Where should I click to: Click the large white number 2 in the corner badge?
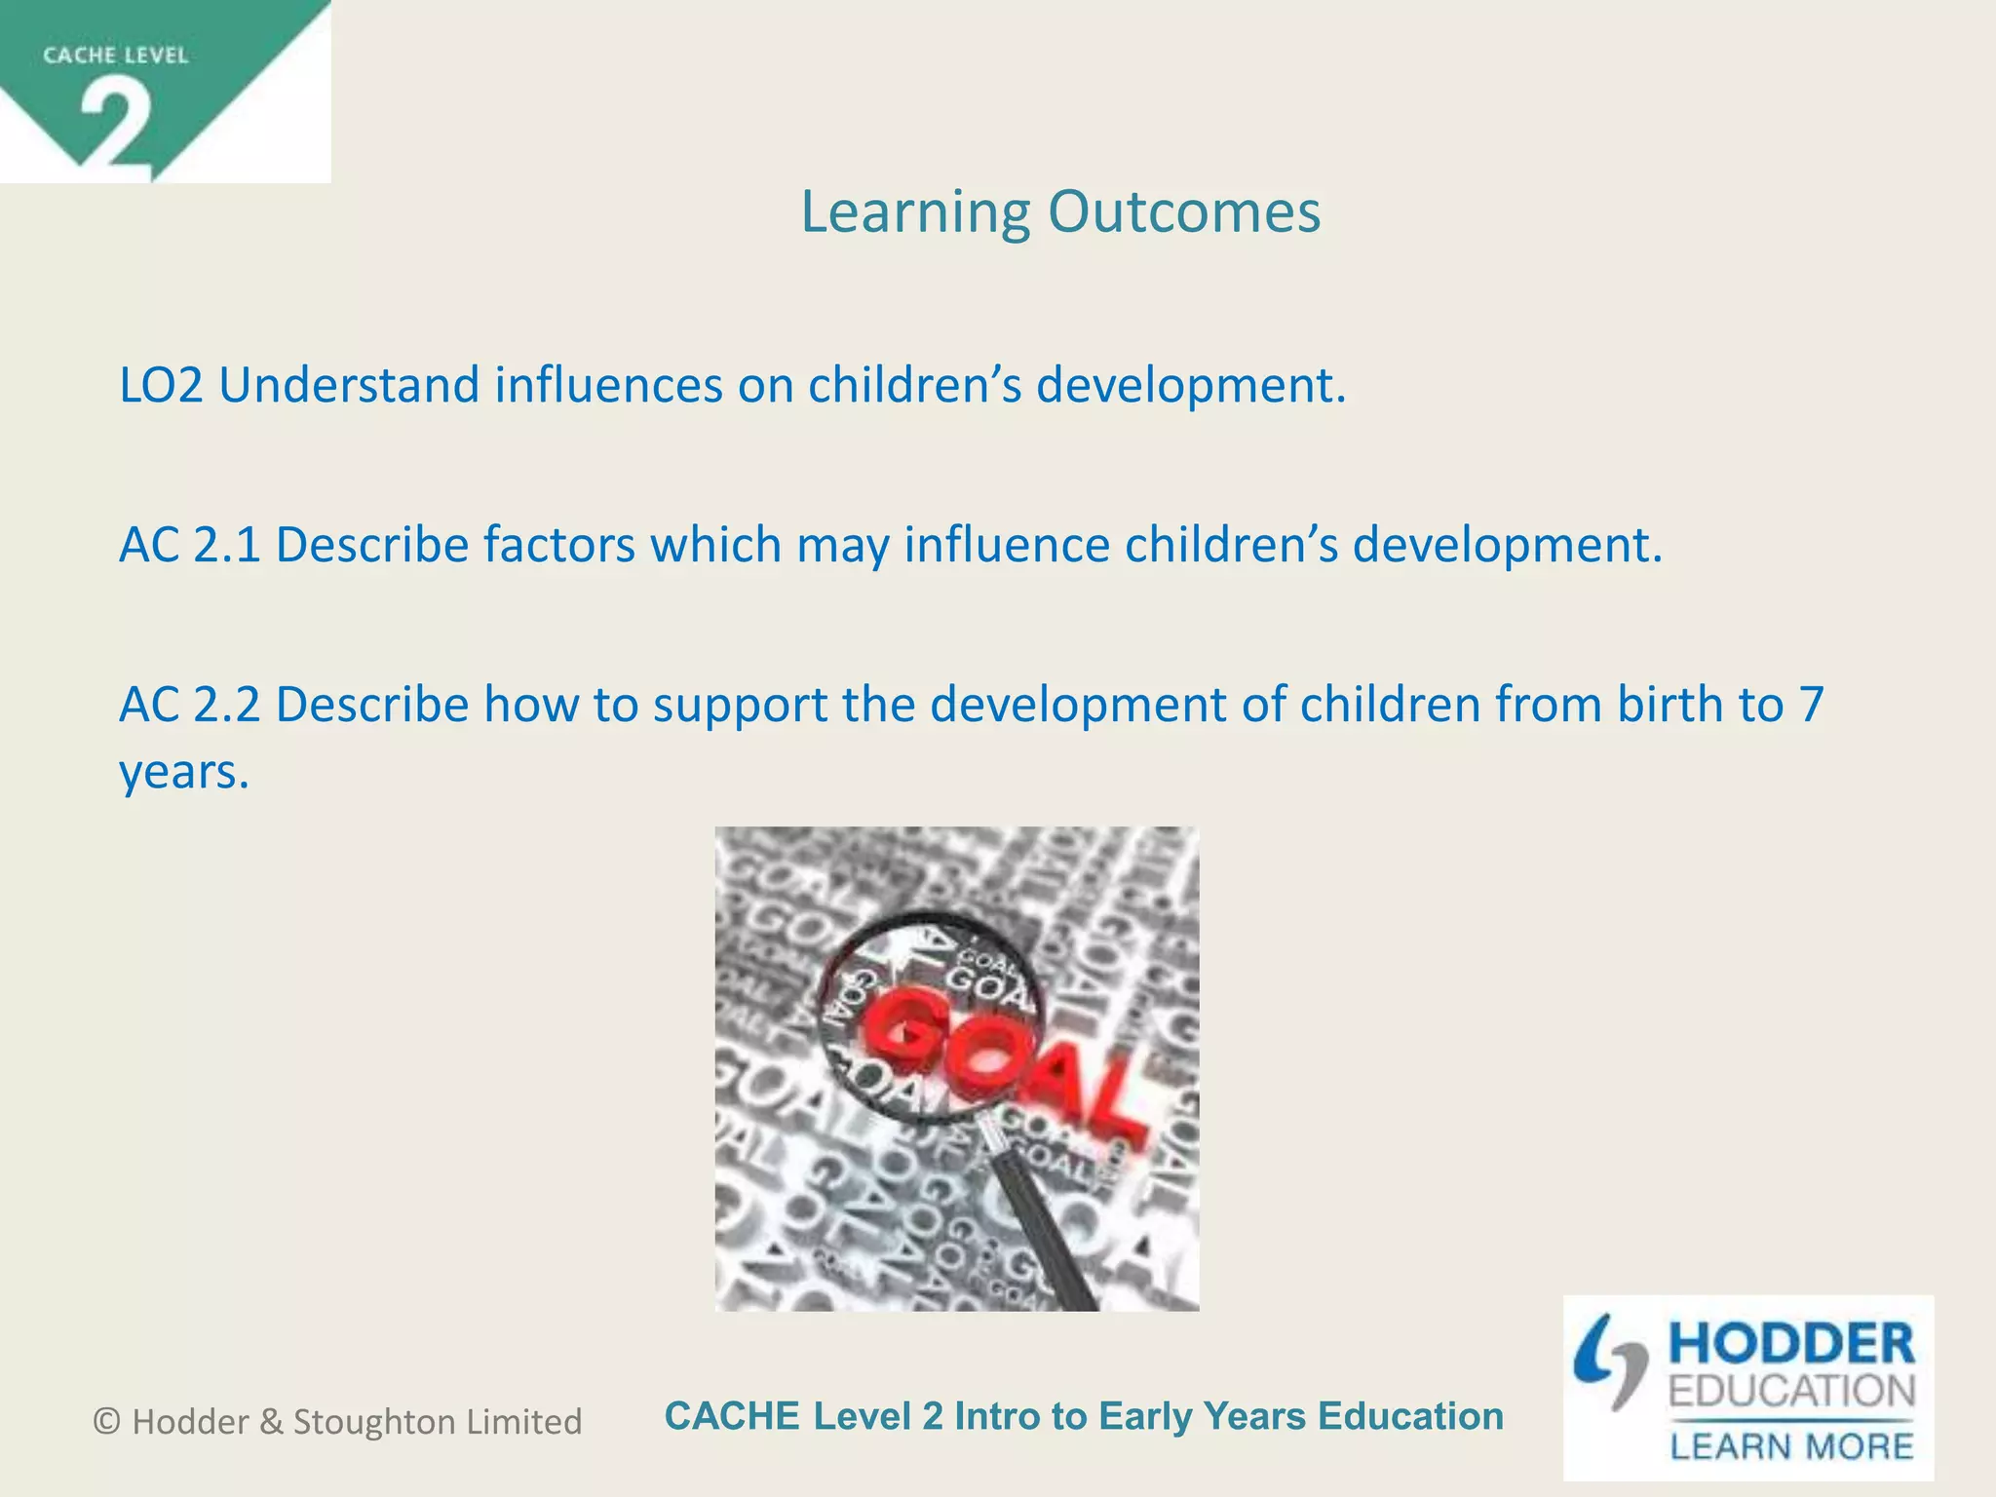[116, 126]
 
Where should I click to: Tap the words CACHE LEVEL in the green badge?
[115, 56]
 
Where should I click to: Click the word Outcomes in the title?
[1184, 211]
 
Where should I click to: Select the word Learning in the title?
[915, 213]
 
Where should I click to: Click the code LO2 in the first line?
[161, 385]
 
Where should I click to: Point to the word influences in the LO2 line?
[608, 385]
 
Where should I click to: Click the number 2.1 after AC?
[227, 545]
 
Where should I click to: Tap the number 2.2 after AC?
[227, 705]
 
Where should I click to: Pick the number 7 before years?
[1811, 705]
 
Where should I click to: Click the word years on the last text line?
[182, 773]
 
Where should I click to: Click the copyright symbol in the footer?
[106, 1422]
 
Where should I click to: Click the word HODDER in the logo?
[1791, 1345]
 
